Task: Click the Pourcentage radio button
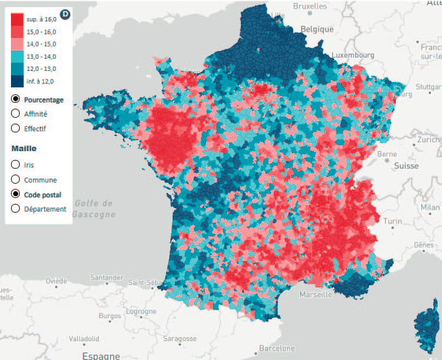15,99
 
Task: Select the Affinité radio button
15,114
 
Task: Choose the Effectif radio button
15,129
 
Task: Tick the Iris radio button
15,164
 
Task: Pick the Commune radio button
15,179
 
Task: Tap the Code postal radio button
15,195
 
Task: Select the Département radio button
15,209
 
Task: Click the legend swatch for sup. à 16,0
18,19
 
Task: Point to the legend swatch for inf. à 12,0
18,81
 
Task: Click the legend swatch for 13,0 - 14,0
18,57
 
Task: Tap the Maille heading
24,148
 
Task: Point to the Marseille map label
316,295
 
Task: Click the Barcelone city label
277,348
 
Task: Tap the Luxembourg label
353,56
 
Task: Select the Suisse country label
406,165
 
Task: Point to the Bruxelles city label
310,6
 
